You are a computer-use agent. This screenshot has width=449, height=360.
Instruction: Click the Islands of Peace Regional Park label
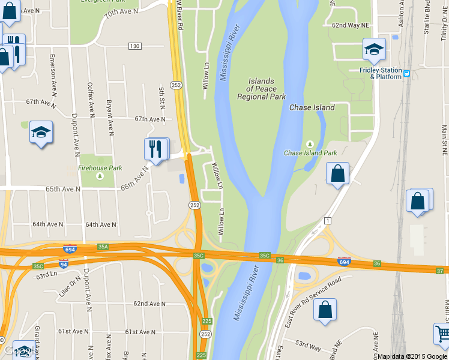click(x=261, y=89)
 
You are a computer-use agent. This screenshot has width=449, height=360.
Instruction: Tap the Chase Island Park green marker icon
click(x=310, y=144)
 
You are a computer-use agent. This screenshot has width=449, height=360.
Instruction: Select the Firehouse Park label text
click(x=100, y=168)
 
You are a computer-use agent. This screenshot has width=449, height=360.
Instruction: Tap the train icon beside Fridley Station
click(x=406, y=74)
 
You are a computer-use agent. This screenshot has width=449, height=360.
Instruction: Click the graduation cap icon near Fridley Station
click(x=374, y=50)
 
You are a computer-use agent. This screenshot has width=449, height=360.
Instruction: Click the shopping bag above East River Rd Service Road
click(x=325, y=310)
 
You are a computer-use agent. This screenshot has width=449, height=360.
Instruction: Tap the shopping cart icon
click(x=443, y=333)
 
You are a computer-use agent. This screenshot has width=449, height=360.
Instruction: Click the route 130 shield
click(x=134, y=47)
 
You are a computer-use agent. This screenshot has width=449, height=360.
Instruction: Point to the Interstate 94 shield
click(x=63, y=263)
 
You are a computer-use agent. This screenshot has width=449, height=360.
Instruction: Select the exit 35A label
click(x=103, y=246)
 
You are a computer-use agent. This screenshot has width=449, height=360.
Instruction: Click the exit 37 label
click(x=441, y=271)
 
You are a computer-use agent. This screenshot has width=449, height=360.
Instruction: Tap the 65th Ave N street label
click(x=63, y=189)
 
